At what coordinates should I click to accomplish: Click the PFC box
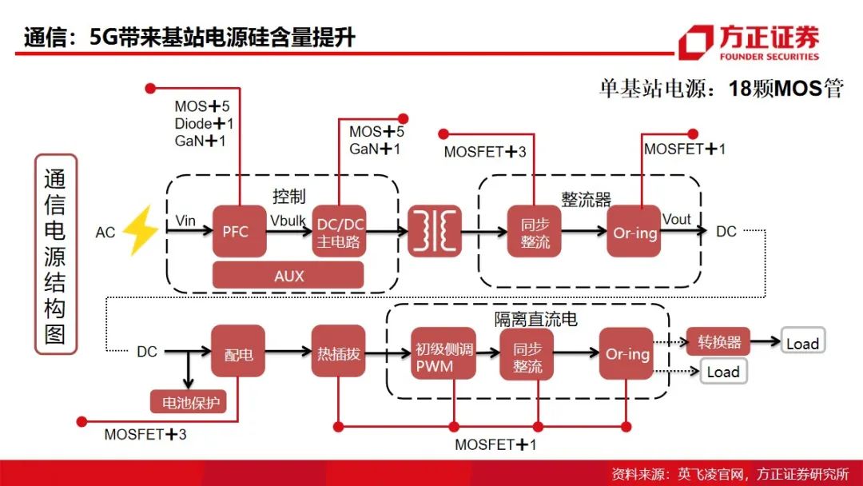[240, 231]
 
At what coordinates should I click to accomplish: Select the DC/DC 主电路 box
[339, 231]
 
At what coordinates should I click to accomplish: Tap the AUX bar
[288, 275]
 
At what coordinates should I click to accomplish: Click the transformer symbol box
[434, 231]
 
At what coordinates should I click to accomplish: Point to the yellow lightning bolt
[140, 231]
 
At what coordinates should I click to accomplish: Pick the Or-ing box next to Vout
[634, 231]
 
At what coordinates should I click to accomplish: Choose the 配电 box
[238, 351]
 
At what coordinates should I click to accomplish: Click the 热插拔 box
[339, 351]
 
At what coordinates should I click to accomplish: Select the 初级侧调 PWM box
[443, 354]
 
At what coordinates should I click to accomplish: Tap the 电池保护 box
[189, 402]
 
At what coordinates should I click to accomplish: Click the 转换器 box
[718, 342]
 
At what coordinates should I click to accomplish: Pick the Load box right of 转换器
[802, 343]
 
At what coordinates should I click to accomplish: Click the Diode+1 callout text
[204, 124]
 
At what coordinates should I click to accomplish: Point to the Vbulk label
[288, 221]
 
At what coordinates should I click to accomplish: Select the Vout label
[677, 219]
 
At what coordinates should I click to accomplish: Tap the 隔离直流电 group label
[535, 319]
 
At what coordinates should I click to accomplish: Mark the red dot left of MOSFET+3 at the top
[443, 133]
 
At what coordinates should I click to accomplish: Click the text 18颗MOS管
[786, 88]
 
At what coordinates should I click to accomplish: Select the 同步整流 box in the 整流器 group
[534, 231]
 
